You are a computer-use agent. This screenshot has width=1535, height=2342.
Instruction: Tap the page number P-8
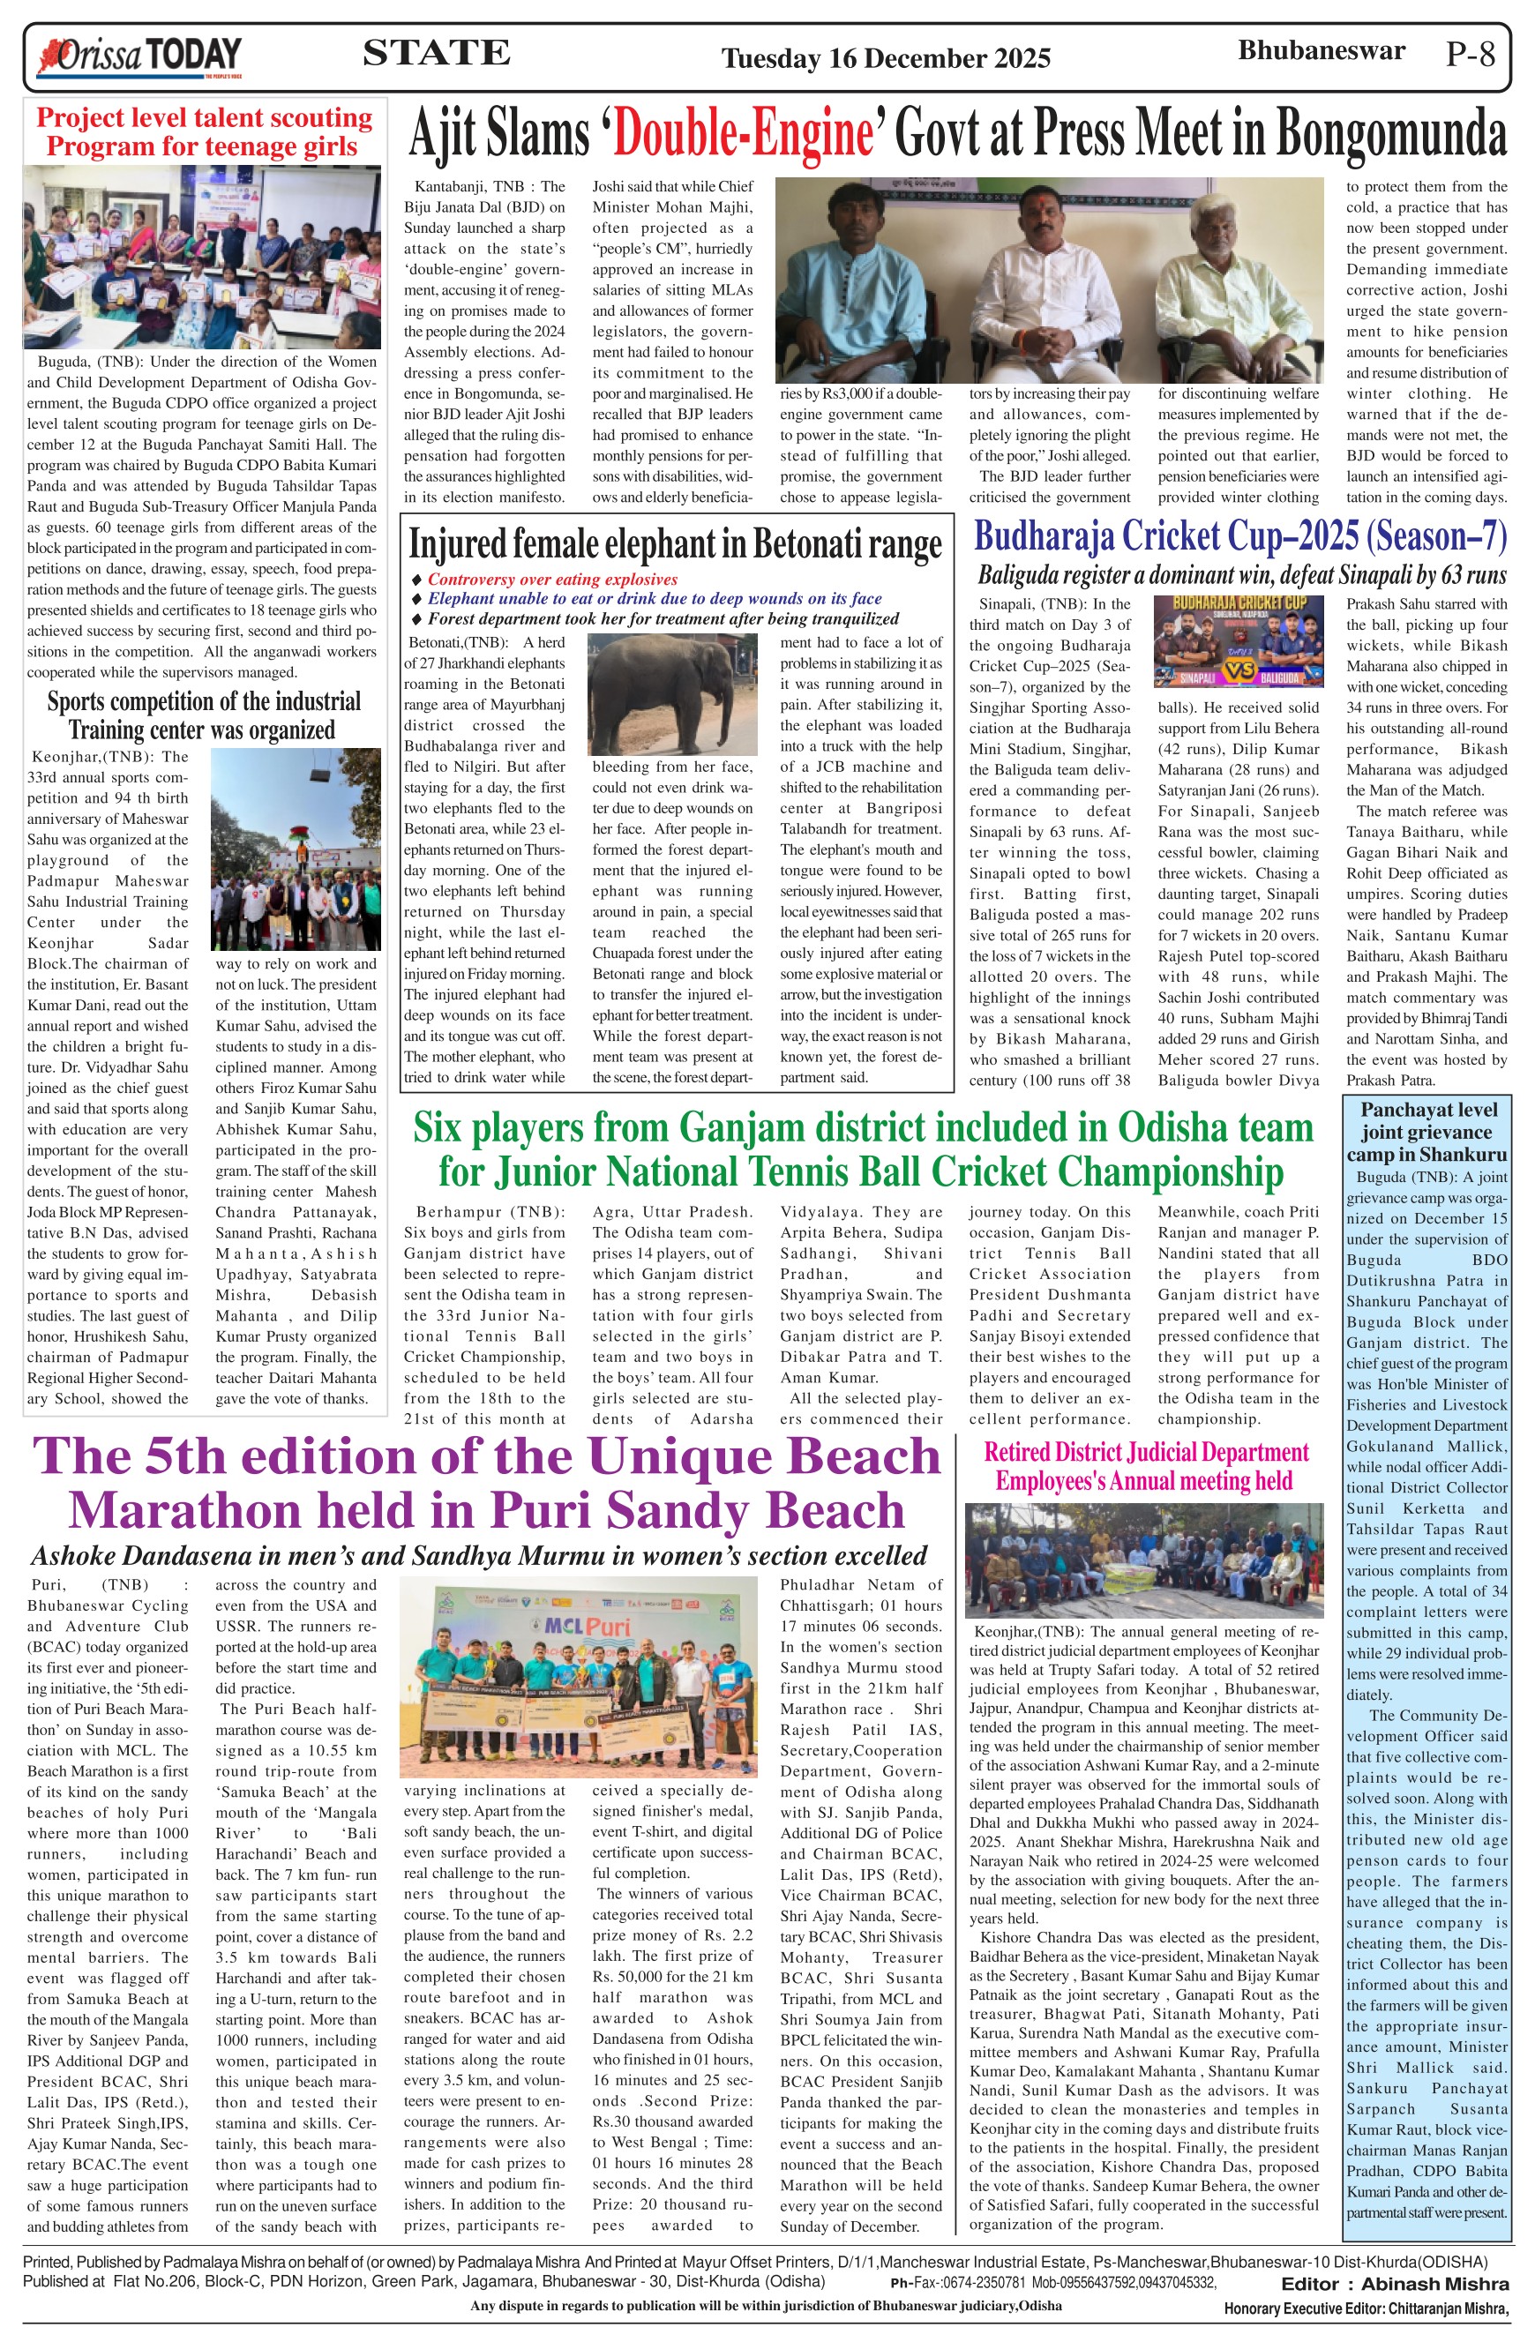1470,54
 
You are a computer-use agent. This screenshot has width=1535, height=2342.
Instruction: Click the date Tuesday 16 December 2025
886,59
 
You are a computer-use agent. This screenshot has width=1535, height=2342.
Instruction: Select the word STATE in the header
436,53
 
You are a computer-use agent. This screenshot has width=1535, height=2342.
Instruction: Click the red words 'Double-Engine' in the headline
743,135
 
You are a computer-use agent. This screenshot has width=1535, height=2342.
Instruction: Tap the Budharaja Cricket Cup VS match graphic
1238,641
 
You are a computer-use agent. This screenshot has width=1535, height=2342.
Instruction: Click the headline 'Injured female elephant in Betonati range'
675,544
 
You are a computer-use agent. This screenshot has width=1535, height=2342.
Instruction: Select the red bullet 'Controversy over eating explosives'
552,580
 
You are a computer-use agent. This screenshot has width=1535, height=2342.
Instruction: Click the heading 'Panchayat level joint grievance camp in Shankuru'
1426,1132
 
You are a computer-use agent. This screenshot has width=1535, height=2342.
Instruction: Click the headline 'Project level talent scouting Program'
205,131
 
